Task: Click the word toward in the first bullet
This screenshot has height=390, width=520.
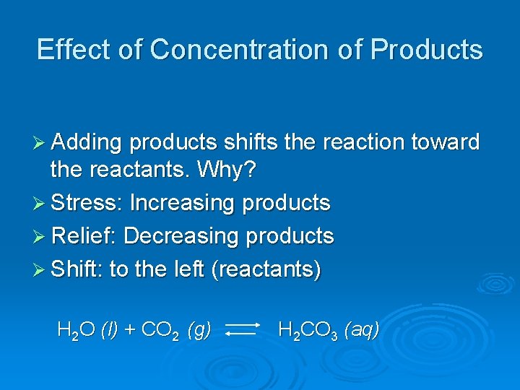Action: tap(446, 142)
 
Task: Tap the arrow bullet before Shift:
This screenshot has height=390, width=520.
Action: tap(41, 270)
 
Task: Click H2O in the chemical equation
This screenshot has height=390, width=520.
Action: tap(76, 331)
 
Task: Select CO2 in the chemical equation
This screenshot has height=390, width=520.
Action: tap(160, 331)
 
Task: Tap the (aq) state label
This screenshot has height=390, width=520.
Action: tap(361, 331)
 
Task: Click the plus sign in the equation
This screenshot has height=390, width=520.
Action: tap(130, 331)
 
